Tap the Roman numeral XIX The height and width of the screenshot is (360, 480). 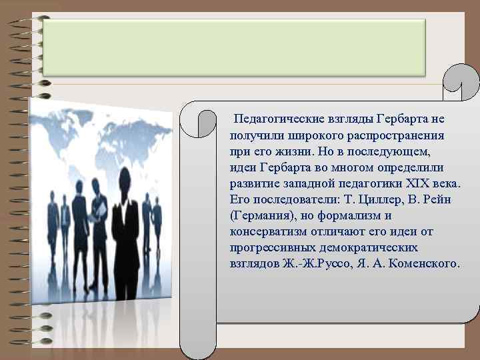pos(415,183)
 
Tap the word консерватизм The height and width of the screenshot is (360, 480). pos(270,231)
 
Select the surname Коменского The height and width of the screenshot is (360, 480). pos(425,263)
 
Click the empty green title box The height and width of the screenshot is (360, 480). pos(234,47)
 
